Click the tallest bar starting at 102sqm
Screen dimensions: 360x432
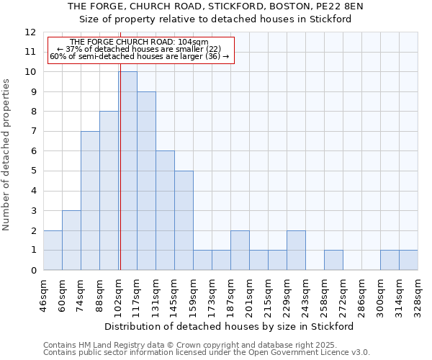pyautogui.click(x=127, y=171)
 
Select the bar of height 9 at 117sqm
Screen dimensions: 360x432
pyautogui.click(x=146, y=181)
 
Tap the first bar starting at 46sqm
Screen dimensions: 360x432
pyautogui.click(x=53, y=251)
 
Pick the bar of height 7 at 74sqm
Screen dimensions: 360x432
pyautogui.click(x=90, y=201)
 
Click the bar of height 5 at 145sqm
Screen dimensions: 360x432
pyautogui.click(x=184, y=220)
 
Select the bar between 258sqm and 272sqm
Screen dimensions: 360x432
pyautogui.click(x=333, y=260)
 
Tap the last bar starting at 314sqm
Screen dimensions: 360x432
pyautogui.click(x=408, y=260)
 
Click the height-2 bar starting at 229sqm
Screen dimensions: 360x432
pyautogui.click(x=296, y=251)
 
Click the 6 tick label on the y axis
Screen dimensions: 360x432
pyautogui.click(x=33, y=151)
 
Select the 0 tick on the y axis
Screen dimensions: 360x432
pyautogui.click(x=33, y=270)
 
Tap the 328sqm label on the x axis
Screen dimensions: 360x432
pyautogui.click(x=418, y=295)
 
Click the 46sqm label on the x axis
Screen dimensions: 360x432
pyautogui.click(x=44, y=295)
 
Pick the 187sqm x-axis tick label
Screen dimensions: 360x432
pyautogui.click(x=231, y=295)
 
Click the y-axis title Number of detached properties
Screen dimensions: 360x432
pyautogui.click(x=7, y=155)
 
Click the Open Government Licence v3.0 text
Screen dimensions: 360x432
pyautogui.click(x=310, y=353)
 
